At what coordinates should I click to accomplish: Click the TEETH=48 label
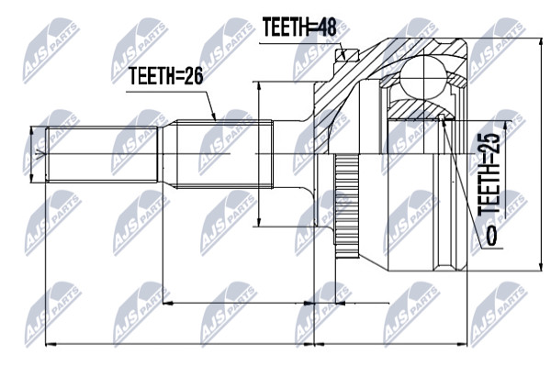299,28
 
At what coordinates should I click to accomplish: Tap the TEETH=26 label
166,76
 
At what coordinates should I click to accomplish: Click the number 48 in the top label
325,28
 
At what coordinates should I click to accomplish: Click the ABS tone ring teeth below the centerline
346,206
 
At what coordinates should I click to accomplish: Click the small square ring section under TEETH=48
346,55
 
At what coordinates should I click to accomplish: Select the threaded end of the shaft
102,154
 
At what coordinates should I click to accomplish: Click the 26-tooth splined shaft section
224,154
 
